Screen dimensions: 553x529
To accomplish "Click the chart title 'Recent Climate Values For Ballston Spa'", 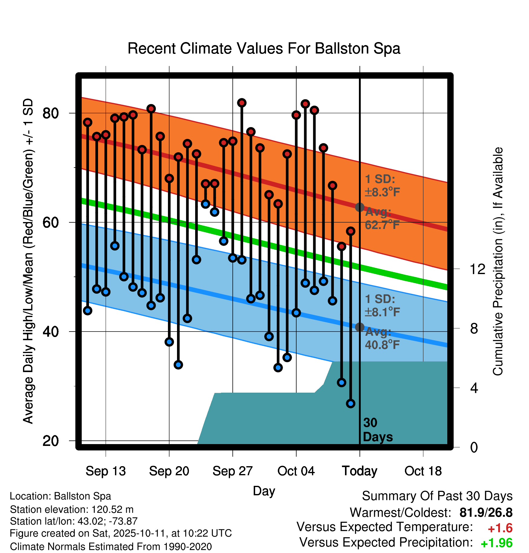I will click(264, 48).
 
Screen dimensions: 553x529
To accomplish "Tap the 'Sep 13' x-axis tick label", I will click(106, 471).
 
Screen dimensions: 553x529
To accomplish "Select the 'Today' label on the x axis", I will click(360, 471).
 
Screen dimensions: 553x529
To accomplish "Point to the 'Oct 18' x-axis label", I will click(423, 471).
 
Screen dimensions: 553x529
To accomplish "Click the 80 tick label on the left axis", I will click(51, 113).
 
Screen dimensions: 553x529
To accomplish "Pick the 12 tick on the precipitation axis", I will click(478, 269).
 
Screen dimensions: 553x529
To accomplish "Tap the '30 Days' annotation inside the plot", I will click(377, 430).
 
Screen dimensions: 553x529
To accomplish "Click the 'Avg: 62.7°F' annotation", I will click(382, 218).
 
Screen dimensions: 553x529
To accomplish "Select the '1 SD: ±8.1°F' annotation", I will click(382, 306).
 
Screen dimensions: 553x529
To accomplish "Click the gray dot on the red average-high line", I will click(360, 207).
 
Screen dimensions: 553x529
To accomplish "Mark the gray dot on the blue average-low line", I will click(360, 327).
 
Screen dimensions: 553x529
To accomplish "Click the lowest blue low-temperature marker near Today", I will click(350, 403).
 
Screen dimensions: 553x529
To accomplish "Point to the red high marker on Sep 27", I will click(233, 141).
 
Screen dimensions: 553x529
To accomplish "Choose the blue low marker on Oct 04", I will click(296, 313).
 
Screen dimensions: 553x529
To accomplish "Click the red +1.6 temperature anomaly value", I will click(500, 528).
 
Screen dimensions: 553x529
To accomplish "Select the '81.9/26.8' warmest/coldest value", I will click(486, 512).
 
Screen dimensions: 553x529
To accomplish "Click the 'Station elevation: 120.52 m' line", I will click(72, 509).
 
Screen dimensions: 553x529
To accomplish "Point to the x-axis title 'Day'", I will click(264, 491).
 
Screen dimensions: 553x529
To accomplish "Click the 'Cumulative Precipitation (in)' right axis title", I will click(498, 261).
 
